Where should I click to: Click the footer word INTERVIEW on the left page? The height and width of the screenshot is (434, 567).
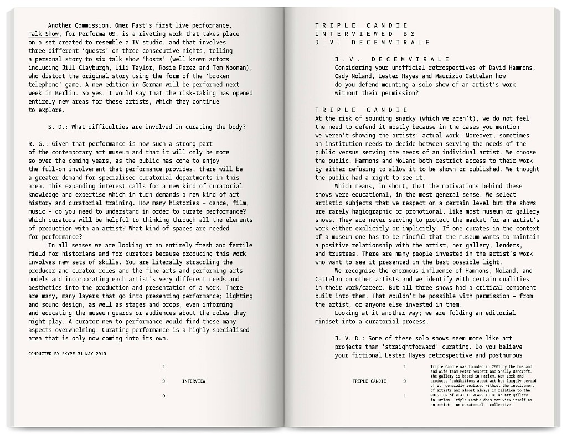click(x=194, y=381)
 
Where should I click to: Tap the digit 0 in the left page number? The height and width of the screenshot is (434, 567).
click(x=163, y=396)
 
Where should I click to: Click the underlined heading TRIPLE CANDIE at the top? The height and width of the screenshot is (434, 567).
click(x=361, y=25)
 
